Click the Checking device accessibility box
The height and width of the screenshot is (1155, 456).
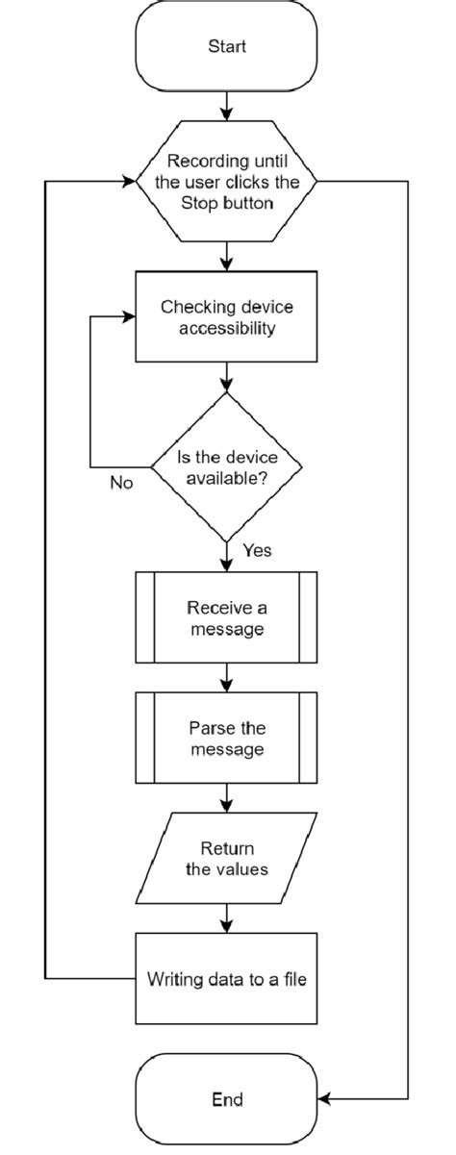pyautogui.click(x=227, y=316)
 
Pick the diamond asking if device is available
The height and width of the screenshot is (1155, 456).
pyautogui.click(x=227, y=465)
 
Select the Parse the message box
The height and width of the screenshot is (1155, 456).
pyautogui.click(x=227, y=738)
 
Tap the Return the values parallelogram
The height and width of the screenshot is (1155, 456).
pyautogui.click(x=227, y=859)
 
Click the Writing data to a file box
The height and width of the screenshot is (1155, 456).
pyautogui.click(x=227, y=980)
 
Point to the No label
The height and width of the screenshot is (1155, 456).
pyautogui.click(x=122, y=481)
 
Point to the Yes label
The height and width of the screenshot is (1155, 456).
pyautogui.click(x=256, y=551)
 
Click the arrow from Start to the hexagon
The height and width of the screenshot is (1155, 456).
pyautogui.click(x=227, y=105)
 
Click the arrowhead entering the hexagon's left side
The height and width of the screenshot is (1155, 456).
pyautogui.click(x=129, y=180)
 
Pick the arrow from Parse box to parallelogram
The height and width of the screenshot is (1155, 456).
pyautogui.click(x=227, y=798)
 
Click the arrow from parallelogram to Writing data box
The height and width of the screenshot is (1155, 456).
pyautogui.click(x=227, y=919)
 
